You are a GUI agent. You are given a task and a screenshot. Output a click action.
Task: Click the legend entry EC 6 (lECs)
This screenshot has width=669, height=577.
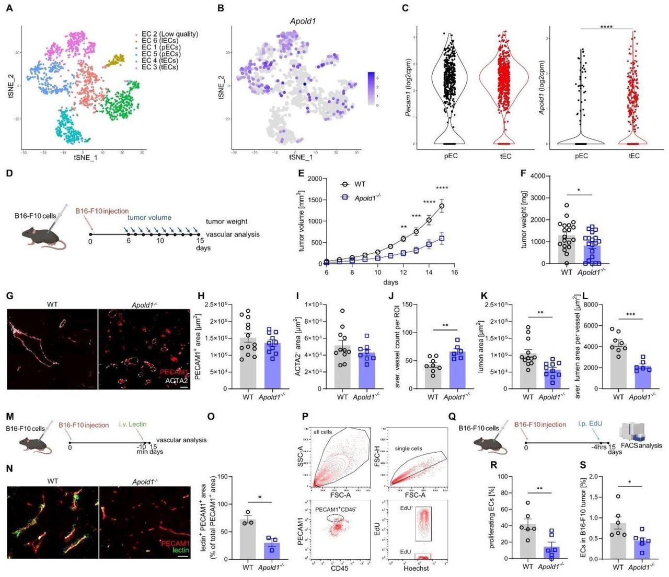(163, 41)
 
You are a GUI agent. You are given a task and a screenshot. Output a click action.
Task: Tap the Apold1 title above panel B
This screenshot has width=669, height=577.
(303, 21)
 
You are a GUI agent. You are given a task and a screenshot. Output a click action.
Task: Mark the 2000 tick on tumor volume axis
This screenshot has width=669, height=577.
(315, 179)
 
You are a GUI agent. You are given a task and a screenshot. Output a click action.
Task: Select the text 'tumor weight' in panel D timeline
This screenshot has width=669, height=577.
(226, 221)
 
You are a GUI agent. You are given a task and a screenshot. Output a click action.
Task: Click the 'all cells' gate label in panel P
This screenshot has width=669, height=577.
(322, 432)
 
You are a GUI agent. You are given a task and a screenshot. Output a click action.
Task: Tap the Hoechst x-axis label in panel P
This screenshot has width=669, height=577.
(416, 568)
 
